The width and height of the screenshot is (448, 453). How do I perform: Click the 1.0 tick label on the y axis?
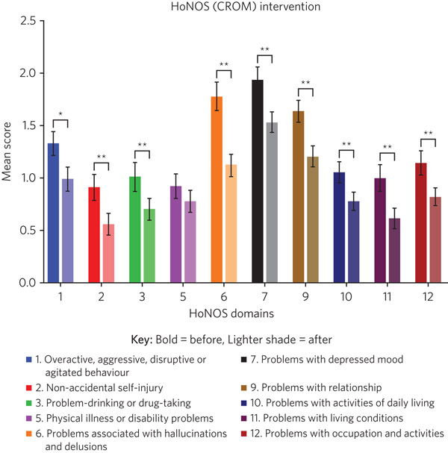point(27,178)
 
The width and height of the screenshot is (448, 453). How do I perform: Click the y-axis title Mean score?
point(9,151)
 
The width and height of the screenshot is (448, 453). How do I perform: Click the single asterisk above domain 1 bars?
point(60,114)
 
